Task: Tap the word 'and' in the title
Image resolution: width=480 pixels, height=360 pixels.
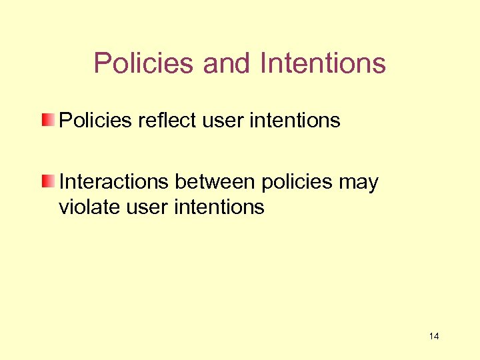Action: (x=227, y=63)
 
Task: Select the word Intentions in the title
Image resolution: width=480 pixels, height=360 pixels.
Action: (x=323, y=63)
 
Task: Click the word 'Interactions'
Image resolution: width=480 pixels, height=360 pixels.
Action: (x=113, y=182)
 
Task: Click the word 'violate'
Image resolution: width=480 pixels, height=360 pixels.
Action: (x=91, y=207)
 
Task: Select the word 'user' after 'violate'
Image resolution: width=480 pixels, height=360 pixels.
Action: (x=146, y=207)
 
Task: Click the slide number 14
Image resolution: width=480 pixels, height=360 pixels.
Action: (x=434, y=336)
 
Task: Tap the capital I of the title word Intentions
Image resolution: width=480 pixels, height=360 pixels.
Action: (x=264, y=63)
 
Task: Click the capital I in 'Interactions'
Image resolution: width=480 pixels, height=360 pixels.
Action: (x=62, y=182)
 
